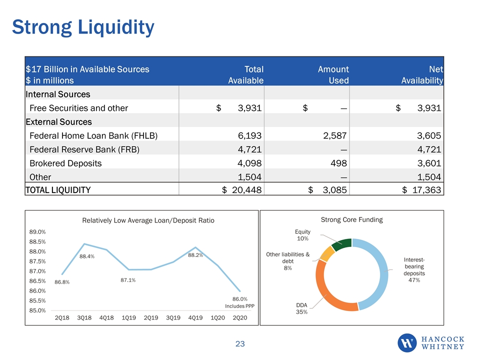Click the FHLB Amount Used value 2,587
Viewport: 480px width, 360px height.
[x=335, y=135]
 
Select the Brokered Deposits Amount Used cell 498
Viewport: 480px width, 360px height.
[x=338, y=163]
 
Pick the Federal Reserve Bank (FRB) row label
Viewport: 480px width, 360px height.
[x=84, y=149]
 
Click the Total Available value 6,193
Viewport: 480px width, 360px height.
[x=250, y=135]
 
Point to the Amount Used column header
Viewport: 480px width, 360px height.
[x=333, y=74]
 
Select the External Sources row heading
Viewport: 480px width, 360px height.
[x=59, y=122]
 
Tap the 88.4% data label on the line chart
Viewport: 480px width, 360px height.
[x=87, y=256]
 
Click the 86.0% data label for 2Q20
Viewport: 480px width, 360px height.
[x=240, y=299]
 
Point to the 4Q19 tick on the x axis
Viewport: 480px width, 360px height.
[x=195, y=318]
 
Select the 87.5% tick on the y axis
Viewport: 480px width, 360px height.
[x=37, y=261]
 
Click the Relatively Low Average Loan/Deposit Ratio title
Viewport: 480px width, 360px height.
[x=148, y=220]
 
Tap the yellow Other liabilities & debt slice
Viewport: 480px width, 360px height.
[x=326, y=253]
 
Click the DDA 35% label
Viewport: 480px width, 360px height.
[x=301, y=308]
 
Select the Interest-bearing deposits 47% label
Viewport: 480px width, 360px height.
[x=414, y=269]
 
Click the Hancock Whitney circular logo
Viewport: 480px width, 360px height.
[x=407, y=343]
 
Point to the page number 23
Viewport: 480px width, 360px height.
[x=240, y=344]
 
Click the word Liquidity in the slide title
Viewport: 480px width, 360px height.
[x=116, y=27]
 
